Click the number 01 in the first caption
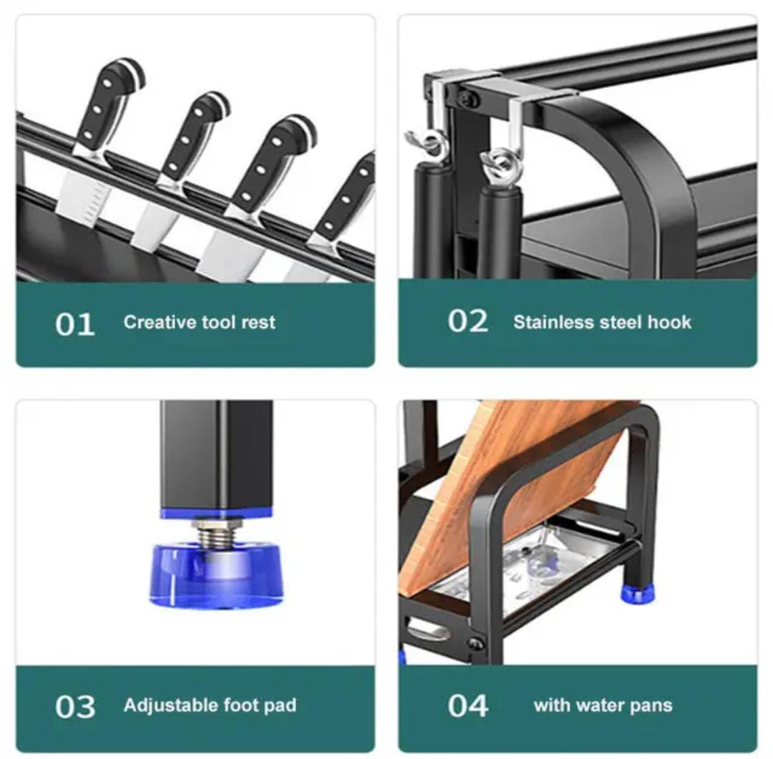74,324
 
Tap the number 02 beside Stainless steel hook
468,321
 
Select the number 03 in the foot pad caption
75,707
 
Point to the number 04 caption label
468,706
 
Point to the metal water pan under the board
533,567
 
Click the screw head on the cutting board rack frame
476,643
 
